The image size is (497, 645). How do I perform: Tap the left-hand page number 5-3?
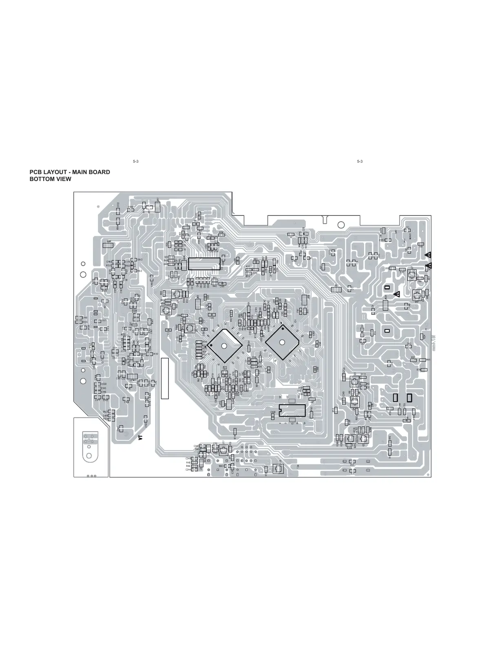(x=136, y=162)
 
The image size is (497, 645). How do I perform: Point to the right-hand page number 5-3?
(x=360, y=162)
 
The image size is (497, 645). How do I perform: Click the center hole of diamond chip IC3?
(x=223, y=346)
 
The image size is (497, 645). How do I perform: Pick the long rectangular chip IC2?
(x=204, y=263)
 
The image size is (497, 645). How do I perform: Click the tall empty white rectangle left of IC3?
(x=164, y=378)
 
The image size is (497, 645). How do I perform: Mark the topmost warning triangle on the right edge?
(x=428, y=255)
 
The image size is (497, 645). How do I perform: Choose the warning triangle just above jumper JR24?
(x=396, y=294)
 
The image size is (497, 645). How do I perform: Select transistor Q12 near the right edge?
(x=417, y=295)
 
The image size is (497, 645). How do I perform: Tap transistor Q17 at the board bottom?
(x=224, y=451)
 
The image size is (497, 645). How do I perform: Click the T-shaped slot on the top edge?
(x=324, y=218)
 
